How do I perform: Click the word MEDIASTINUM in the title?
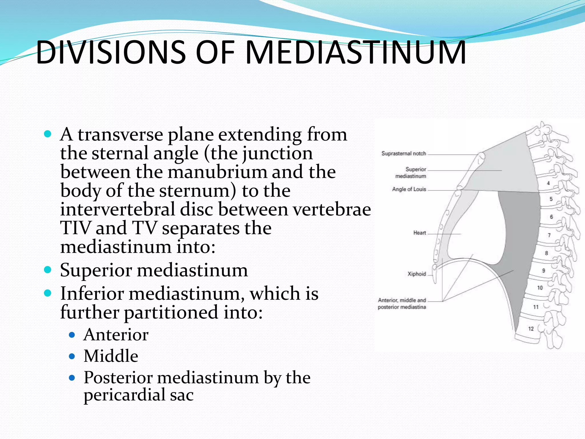click(355, 52)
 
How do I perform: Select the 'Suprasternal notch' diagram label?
click(404, 154)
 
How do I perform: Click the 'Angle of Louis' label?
click(409, 189)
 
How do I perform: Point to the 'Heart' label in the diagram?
click(419, 233)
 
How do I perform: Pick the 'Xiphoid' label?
click(416, 274)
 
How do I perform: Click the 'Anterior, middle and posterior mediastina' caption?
click(402, 304)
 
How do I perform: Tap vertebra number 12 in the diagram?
click(531, 329)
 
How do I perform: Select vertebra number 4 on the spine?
click(548, 183)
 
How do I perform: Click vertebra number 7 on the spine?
click(549, 235)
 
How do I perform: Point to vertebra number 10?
click(540, 288)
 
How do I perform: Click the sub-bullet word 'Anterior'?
click(116, 335)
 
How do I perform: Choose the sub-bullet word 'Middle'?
click(111, 356)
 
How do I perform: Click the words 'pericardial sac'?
click(139, 395)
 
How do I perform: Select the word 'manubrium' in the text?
click(217, 172)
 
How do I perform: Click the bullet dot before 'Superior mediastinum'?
click(48, 270)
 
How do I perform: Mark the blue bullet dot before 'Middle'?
click(72, 356)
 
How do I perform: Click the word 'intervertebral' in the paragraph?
click(117, 209)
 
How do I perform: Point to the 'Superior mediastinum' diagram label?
click(411, 173)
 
